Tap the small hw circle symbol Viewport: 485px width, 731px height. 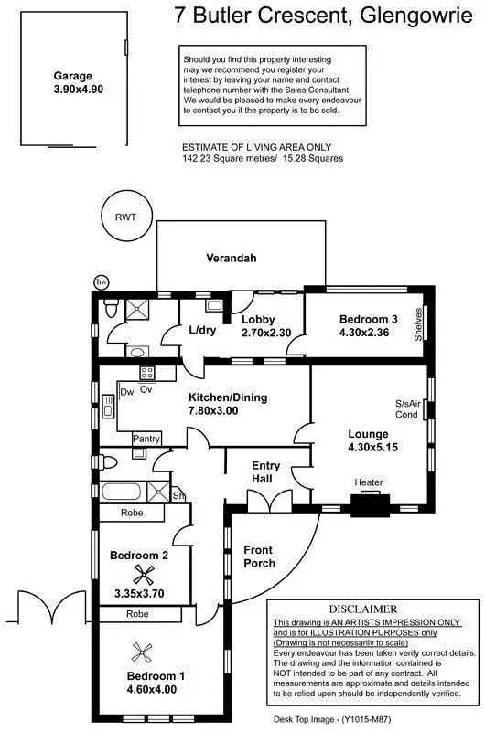pyautogui.click(x=101, y=281)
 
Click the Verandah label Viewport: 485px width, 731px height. pyautogui.click(x=231, y=259)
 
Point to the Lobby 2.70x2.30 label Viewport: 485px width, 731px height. pyautogui.click(x=265, y=326)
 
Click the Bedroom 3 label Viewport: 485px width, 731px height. pyautogui.click(x=368, y=326)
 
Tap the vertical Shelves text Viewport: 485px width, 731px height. pyautogui.click(x=418, y=324)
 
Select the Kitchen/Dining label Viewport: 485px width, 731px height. pyautogui.click(x=225, y=405)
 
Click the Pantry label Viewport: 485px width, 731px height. pyautogui.click(x=146, y=440)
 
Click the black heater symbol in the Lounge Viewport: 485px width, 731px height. pyautogui.click(x=370, y=503)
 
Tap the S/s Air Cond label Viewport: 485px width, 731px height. pyautogui.click(x=405, y=408)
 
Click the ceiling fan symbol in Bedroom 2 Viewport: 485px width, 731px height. pyautogui.click(x=141, y=575)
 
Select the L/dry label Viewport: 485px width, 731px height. pyautogui.click(x=202, y=330)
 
